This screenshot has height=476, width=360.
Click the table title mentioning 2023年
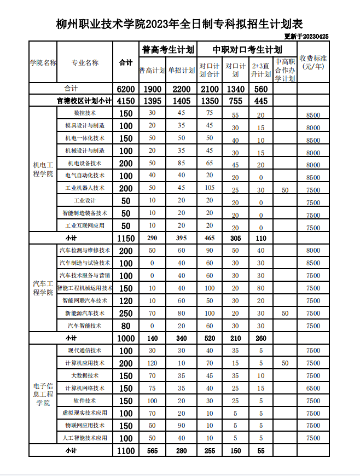click(179, 24)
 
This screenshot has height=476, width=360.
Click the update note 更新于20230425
click(306, 37)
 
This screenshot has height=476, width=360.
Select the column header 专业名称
click(85, 62)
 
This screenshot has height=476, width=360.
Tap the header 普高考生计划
click(168, 49)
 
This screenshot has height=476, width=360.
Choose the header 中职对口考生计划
click(247, 49)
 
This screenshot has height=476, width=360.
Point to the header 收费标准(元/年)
click(313, 62)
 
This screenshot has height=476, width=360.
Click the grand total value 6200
click(126, 89)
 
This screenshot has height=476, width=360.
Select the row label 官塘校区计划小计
click(84, 101)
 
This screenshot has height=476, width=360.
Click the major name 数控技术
click(85, 113)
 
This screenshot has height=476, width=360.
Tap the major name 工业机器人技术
click(85, 188)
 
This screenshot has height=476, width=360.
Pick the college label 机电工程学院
click(43, 170)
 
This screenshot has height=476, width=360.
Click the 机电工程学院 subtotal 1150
click(126, 238)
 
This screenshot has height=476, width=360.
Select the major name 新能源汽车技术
click(85, 313)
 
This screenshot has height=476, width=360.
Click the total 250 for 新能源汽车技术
click(126, 314)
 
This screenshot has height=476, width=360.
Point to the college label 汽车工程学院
click(43, 288)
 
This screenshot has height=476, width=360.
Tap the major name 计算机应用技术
click(85, 363)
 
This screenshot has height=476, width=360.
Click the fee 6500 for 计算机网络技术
click(313, 388)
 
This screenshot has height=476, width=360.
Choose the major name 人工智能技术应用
click(85, 438)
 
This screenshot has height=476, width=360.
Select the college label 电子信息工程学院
click(43, 394)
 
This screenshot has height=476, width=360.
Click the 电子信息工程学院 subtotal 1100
click(126, 451)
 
